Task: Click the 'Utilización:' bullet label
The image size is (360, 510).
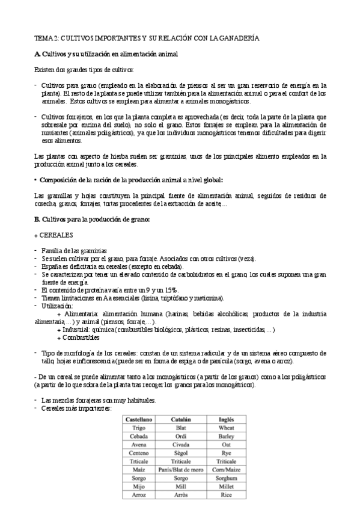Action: pyautogui.click(x=57, y=306)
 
